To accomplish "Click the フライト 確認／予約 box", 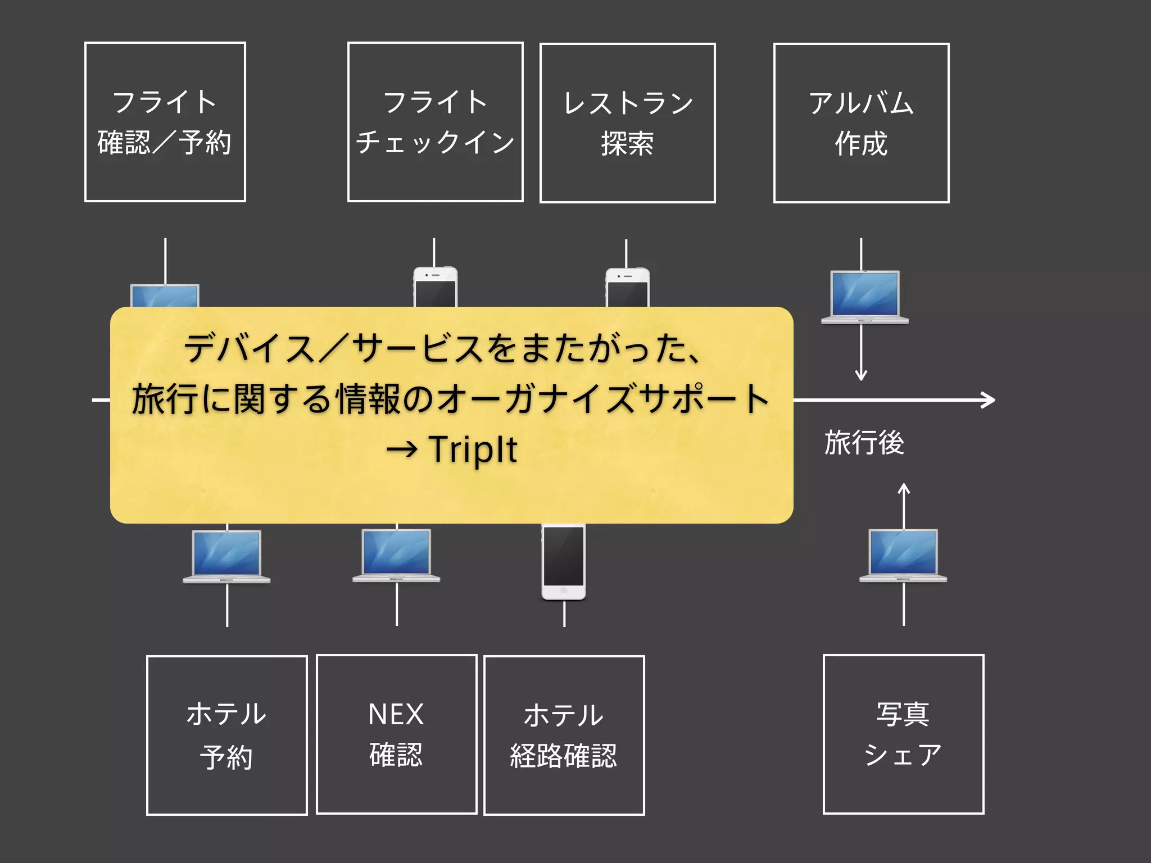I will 165,122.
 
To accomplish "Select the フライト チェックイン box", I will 435,122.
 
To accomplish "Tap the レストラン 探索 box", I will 627,123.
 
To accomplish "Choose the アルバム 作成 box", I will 861,123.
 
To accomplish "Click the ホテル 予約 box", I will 226,735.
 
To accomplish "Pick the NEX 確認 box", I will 396,734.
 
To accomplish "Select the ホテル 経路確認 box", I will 564,735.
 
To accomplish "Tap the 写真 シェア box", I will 903,734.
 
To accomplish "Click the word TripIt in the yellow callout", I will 473,449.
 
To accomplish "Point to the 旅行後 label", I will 864,442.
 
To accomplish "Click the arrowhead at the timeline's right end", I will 989,400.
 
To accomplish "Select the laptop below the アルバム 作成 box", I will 864,297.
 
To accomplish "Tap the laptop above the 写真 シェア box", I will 903,555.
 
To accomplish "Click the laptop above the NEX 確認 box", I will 396,555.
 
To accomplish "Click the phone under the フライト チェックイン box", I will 435,287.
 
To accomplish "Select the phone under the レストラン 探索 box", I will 627,288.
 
